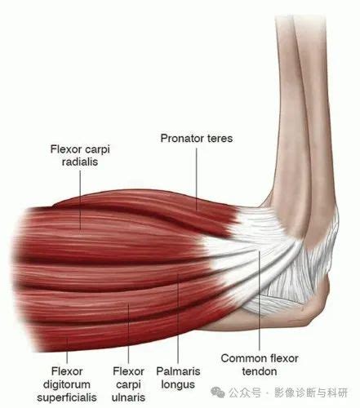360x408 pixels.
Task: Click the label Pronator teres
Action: [x=197, y=139]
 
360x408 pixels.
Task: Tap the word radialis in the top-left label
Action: [x=80, y=162]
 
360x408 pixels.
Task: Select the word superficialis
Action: [x=67, y=397]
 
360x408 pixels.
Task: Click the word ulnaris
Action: [x=128, y=397]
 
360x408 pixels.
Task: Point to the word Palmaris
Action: [x=178, y=371]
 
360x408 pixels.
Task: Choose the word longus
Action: [x=178, y=385]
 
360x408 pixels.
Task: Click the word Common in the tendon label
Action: [x=240, y=358]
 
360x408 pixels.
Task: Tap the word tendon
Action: [x=260, y=371]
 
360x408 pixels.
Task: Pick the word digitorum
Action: [x=67, y=384]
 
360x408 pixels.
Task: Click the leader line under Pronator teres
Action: [x=197, y=179]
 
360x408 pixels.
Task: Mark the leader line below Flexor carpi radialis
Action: [x=80, y=201]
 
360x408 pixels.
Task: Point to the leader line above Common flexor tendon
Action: [x=260, y=300]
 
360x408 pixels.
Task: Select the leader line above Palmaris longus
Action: [x=178, y=318]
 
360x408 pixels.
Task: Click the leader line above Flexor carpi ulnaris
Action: [x=128, y=334]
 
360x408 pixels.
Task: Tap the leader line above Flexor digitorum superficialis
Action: [x=67, y=351]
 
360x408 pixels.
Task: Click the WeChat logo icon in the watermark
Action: [x=218, y=392]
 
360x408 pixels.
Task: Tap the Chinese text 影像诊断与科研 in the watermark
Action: [x=311, y=392]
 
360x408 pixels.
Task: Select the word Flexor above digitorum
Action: [x=67, y=371]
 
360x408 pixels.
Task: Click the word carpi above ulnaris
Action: [x=128, y=385]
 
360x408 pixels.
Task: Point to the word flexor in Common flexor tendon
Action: [x=281, y=358]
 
